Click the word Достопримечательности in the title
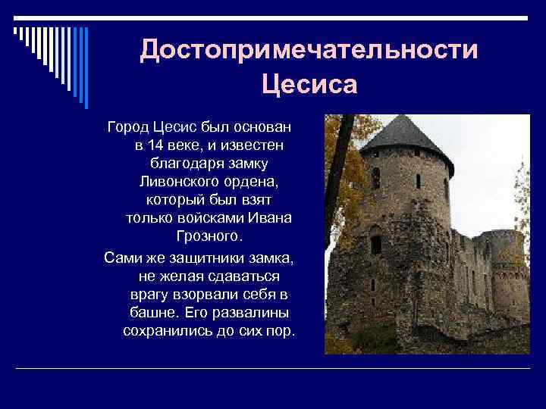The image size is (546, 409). point(309,51)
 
